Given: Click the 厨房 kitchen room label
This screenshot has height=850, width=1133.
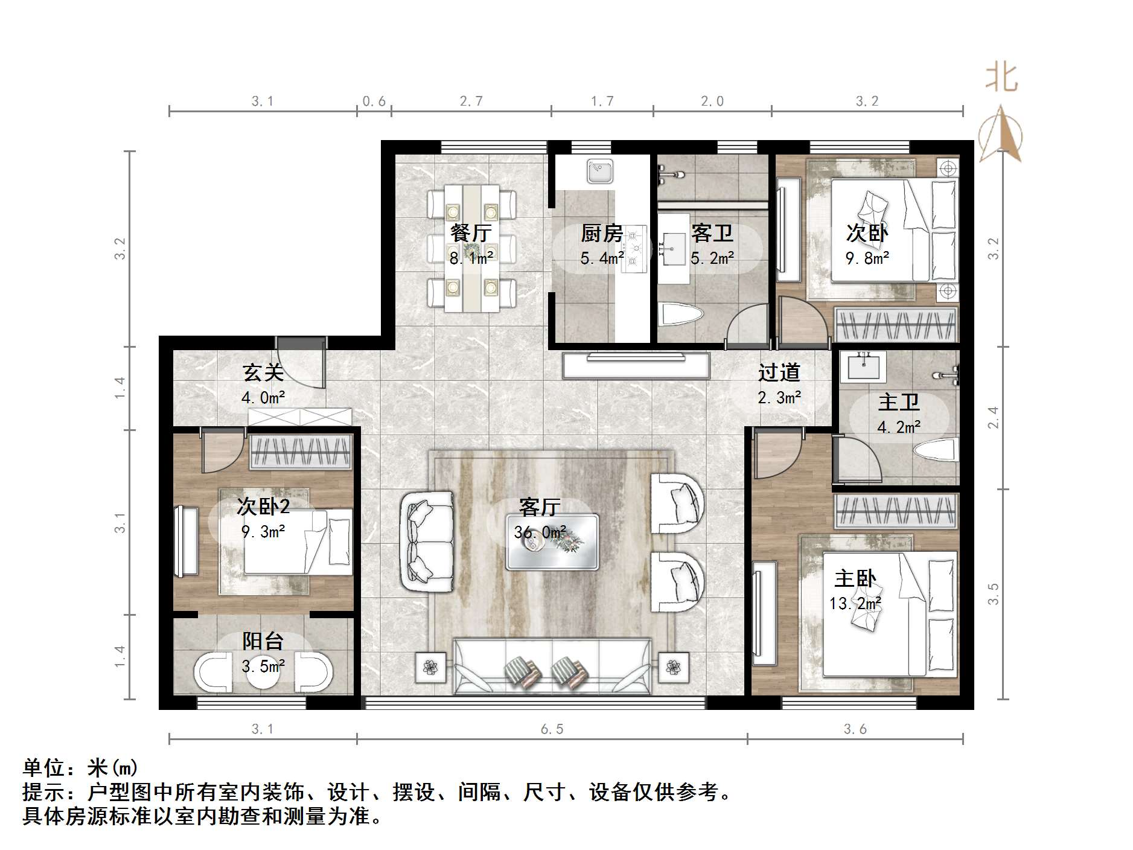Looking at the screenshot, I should (x=601, y=233).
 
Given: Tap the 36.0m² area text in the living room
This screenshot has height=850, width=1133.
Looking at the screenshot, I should (x=540, y=532).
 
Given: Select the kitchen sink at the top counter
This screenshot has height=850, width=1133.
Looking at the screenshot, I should (x=600, y=171).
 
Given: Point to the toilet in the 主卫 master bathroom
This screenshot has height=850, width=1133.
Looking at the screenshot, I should (x=936, y=450).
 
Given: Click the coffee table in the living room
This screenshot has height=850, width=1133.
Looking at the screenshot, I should (x=552, y=542).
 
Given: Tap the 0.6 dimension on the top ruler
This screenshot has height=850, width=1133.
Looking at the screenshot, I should (x=374, y=101).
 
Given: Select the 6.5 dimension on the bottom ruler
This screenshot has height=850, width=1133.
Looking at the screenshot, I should (x=552, y=729).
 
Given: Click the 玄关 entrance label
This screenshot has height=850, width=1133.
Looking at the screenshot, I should (x=263, y=372).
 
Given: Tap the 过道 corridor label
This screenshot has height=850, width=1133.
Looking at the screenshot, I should (x=779, y=372).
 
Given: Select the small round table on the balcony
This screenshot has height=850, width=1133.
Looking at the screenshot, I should (x=263, y=674).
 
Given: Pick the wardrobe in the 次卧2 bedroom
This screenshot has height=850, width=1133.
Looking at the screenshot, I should (x=301, y=452).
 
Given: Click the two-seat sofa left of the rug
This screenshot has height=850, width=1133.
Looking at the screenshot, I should (x=427, y=542).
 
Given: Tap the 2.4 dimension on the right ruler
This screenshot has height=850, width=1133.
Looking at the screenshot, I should (x=993, y=418).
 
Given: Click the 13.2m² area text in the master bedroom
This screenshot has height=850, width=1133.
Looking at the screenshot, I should (x=855, y=603).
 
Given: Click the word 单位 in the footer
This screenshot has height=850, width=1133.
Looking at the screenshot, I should (x=43, y=768).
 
